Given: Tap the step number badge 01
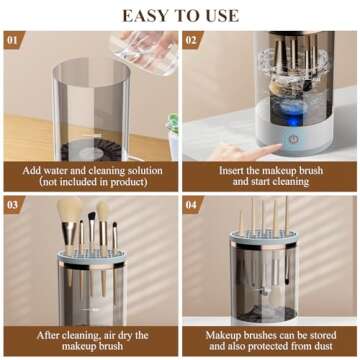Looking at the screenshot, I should (13, 40).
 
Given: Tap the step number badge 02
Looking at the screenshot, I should (193, 40).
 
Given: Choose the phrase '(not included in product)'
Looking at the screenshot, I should (90, 183).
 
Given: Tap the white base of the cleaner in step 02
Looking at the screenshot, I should (291, 140).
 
